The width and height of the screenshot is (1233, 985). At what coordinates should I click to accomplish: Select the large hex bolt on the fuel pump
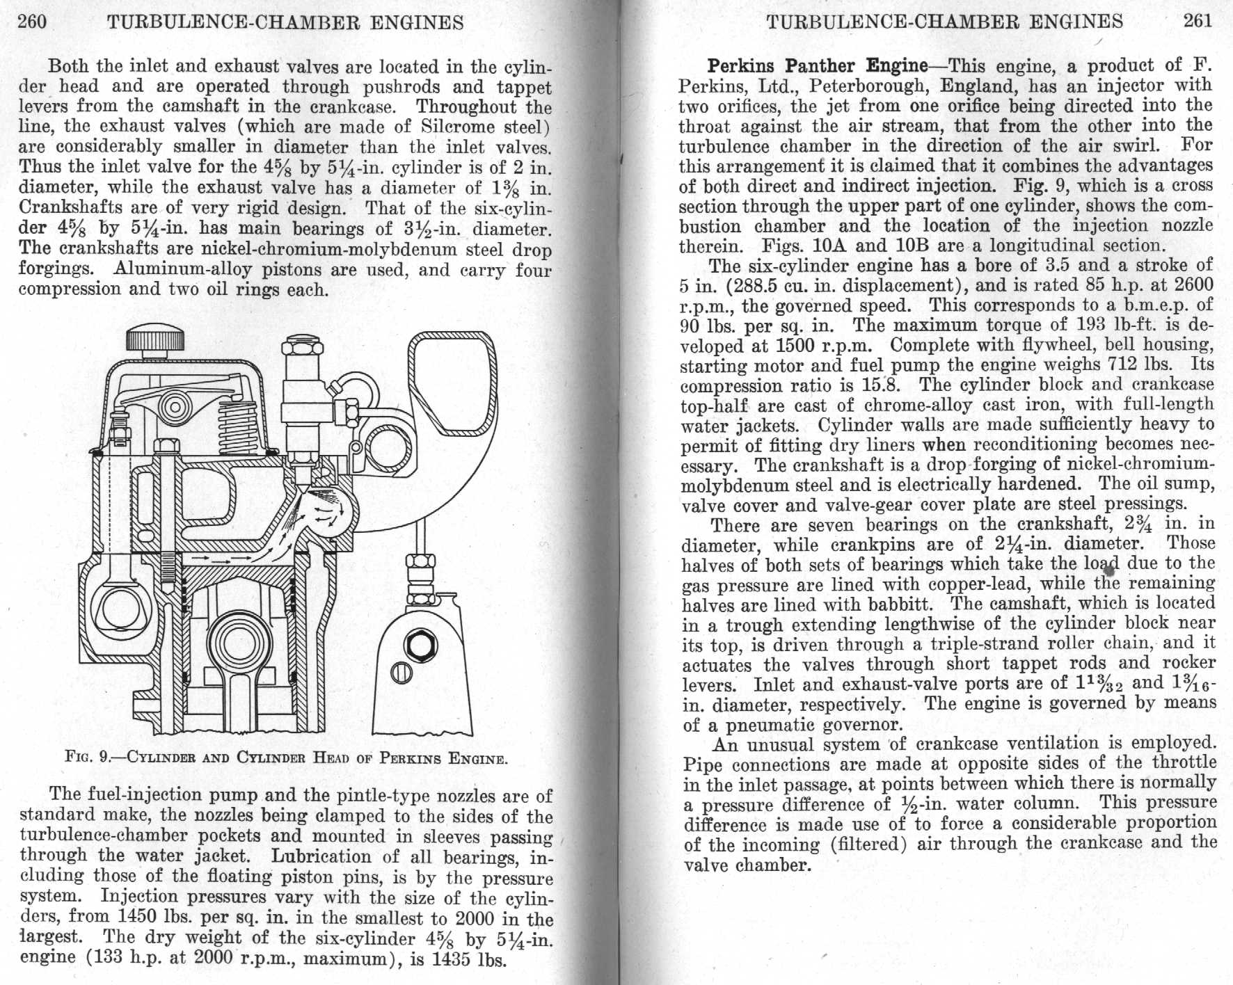coord(420,646)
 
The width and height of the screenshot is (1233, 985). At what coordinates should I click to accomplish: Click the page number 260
coord(32,22)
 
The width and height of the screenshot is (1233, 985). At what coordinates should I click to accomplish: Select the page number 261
coord(1198,20)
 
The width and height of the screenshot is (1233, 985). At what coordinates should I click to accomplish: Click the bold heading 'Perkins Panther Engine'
coord(818,66)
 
